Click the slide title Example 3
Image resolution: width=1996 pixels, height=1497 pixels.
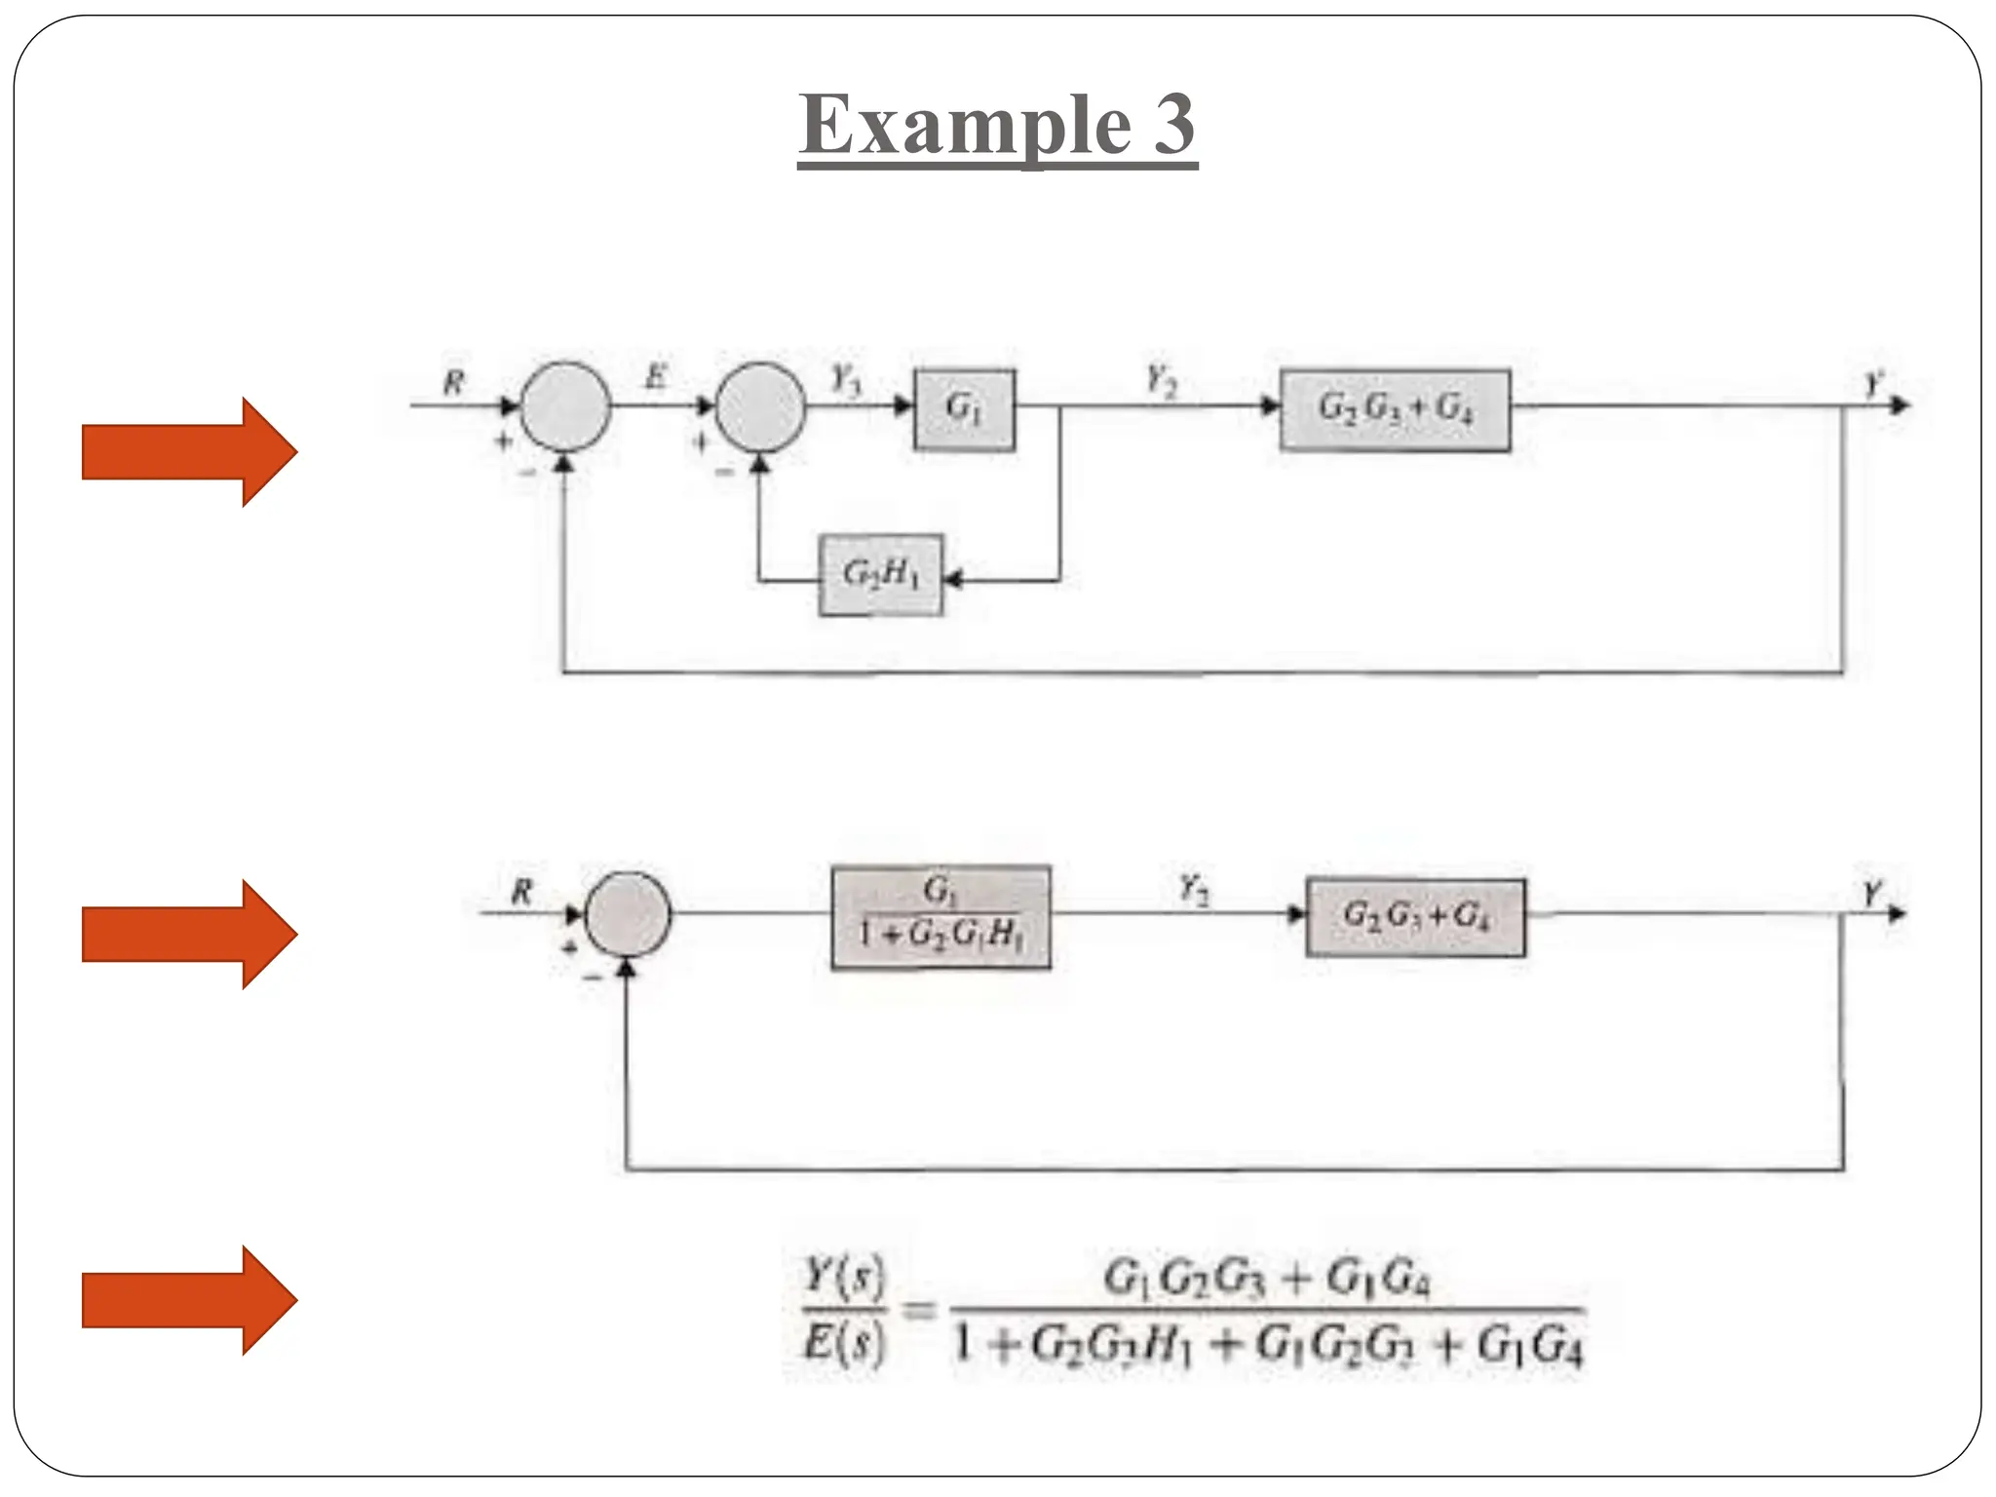tap(997, 125)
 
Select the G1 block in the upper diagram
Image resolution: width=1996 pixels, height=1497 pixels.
tap(964, 409)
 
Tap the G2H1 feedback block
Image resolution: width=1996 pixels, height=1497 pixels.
tap(881, 575)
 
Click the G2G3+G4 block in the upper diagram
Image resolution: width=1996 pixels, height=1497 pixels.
tap(1395, 409)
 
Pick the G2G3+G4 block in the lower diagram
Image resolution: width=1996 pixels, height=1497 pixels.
tap(1415, 917)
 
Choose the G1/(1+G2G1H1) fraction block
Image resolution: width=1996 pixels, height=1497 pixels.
tap(940, 916)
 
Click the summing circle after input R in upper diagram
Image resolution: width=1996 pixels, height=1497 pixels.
tap(566, 407)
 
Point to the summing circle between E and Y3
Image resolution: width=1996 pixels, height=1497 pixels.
tap(760, 407)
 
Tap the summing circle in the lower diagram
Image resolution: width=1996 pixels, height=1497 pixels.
tap(629, 915)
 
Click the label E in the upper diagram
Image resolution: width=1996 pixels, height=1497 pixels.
tap(656, 376)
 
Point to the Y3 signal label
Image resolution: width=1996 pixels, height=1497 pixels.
tap(845, 379)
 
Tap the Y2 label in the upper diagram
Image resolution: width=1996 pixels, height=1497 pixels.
tap(1160, 379)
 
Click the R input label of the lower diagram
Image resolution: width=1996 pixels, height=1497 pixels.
tap(522, 891)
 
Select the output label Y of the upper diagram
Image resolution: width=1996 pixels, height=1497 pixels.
tap(1872, 383)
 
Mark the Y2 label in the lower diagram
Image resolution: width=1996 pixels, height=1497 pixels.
tap(1194, 888)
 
